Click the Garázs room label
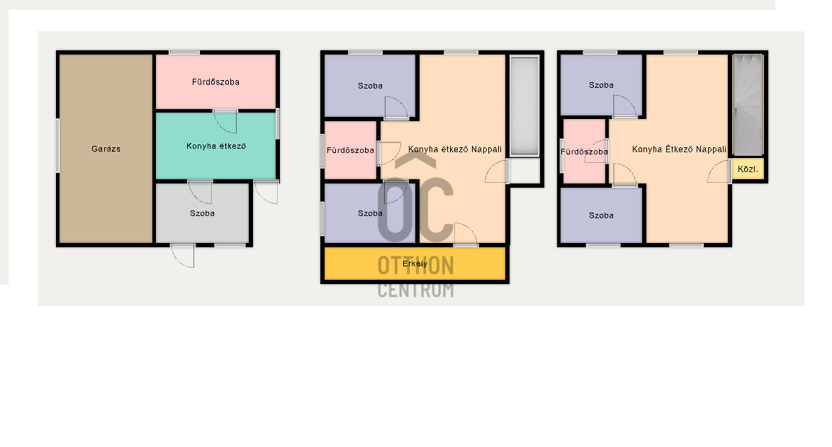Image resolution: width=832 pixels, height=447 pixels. pyautogui.click(x=106, y=149)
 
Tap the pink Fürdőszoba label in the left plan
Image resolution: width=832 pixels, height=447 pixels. pyautogui.click(x=215, y=82)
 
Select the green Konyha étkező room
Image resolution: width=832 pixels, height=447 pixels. pyautogui.click(x=215, y=146)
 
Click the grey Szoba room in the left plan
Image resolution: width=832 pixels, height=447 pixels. pyautogui.click(x=202, y=213)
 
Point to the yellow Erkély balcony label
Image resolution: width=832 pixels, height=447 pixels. pyautogui.click(x=415, y=264)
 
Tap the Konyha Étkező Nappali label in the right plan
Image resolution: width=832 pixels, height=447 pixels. pyautogui.click(x=679, y=149)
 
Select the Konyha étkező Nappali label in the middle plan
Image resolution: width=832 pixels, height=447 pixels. pyautogui.click(x=455, y=149)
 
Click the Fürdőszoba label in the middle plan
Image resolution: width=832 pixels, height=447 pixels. pyautogui.click(x=350, y=151)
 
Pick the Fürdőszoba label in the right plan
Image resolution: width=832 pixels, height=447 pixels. pyautogui.click(x=584, y=152)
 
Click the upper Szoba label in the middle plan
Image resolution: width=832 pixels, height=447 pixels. pyautogui.click(x=370, y=86)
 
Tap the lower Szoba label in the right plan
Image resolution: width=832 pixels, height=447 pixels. pyautogui.click(x=601, y=216)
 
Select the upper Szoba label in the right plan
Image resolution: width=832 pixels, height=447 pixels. pyautogui.click(x=601, y=86)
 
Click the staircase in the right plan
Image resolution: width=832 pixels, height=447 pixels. pyautogui.click(x=748, y=105)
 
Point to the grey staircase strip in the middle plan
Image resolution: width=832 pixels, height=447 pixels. pyautogui.click(x=524, y=106)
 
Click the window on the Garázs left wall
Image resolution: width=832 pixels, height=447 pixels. pyautogui.click(x=58, y=145)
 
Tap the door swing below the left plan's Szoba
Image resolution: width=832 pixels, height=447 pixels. pyautogui.click(x=183, y=256)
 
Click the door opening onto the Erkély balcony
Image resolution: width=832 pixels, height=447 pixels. pyautogui.click(x=466, y=234)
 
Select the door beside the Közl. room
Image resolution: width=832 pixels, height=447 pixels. pyautogui.click(x=719, y=171)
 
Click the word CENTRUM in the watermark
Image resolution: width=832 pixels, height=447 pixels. pyautogui.click(x=415, y=290)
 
